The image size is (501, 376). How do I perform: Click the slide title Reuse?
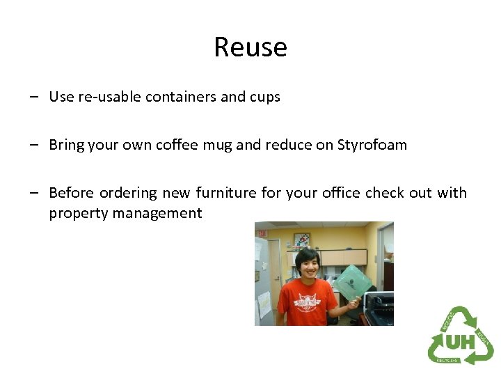point(250,47)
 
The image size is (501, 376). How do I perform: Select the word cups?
point(264,97)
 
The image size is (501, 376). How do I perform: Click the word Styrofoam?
point(372,145)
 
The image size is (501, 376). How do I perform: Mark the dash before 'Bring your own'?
point(34,146)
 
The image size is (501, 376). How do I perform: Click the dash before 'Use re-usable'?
point(34,97)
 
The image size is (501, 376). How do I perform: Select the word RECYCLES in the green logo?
point(447,359)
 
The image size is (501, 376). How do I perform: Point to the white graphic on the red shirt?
point(307,301)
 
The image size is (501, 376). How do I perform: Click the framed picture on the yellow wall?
point(302,240)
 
